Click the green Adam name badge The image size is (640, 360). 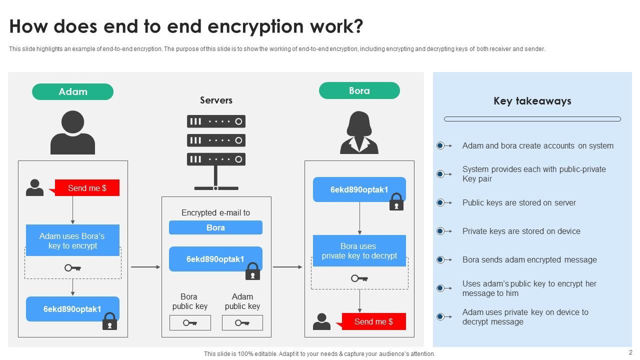[x=72, y=92]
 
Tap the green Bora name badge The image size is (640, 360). [x=359, y=91]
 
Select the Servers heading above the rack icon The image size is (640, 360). [x=216, y=100]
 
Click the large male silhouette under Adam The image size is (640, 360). [x=72, y=132]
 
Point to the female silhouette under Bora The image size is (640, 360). [x=359, y=132]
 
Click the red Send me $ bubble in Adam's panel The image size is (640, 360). [x=87, y=188]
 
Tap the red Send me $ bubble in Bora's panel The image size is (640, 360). [x=373, y=321]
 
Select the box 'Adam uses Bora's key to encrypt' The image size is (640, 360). [x=72, y=240]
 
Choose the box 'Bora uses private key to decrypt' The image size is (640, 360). [x=359, y=251]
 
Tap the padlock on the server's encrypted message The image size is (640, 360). [x=252, y=271]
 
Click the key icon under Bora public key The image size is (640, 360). [x=190, y=323]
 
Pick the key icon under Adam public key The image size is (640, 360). [x=242, y=323]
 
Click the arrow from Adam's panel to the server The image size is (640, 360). [x=145, y=267]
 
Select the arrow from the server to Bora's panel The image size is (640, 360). [x=287, y=267]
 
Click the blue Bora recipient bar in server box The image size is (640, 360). [x=215, y=227]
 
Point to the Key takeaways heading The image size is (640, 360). [x=532, y=101]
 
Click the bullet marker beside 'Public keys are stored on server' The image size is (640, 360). [x=440, y=202]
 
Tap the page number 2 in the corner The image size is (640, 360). [x=630, y=352]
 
